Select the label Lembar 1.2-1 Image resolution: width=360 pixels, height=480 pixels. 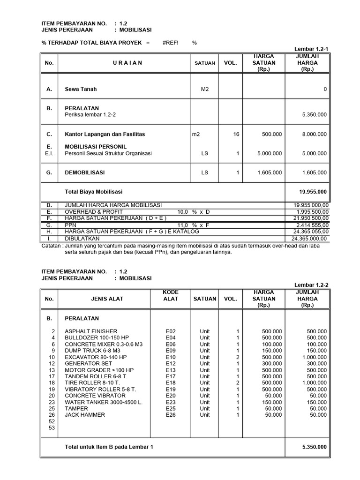[311, 49]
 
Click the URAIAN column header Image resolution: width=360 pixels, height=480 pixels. [127, 63]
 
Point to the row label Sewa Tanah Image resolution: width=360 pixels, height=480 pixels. [81, 89]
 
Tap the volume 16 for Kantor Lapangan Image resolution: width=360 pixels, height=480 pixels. [236, 135]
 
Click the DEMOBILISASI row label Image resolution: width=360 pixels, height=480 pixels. [85, 172]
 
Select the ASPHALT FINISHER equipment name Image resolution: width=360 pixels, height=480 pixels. [91, 331]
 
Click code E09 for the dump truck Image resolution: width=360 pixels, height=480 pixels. [170, 350]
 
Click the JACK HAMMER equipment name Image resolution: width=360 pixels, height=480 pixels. [85, 415]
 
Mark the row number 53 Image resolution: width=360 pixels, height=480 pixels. [52, 427]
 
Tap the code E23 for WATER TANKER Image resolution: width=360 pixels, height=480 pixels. [170, 402]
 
